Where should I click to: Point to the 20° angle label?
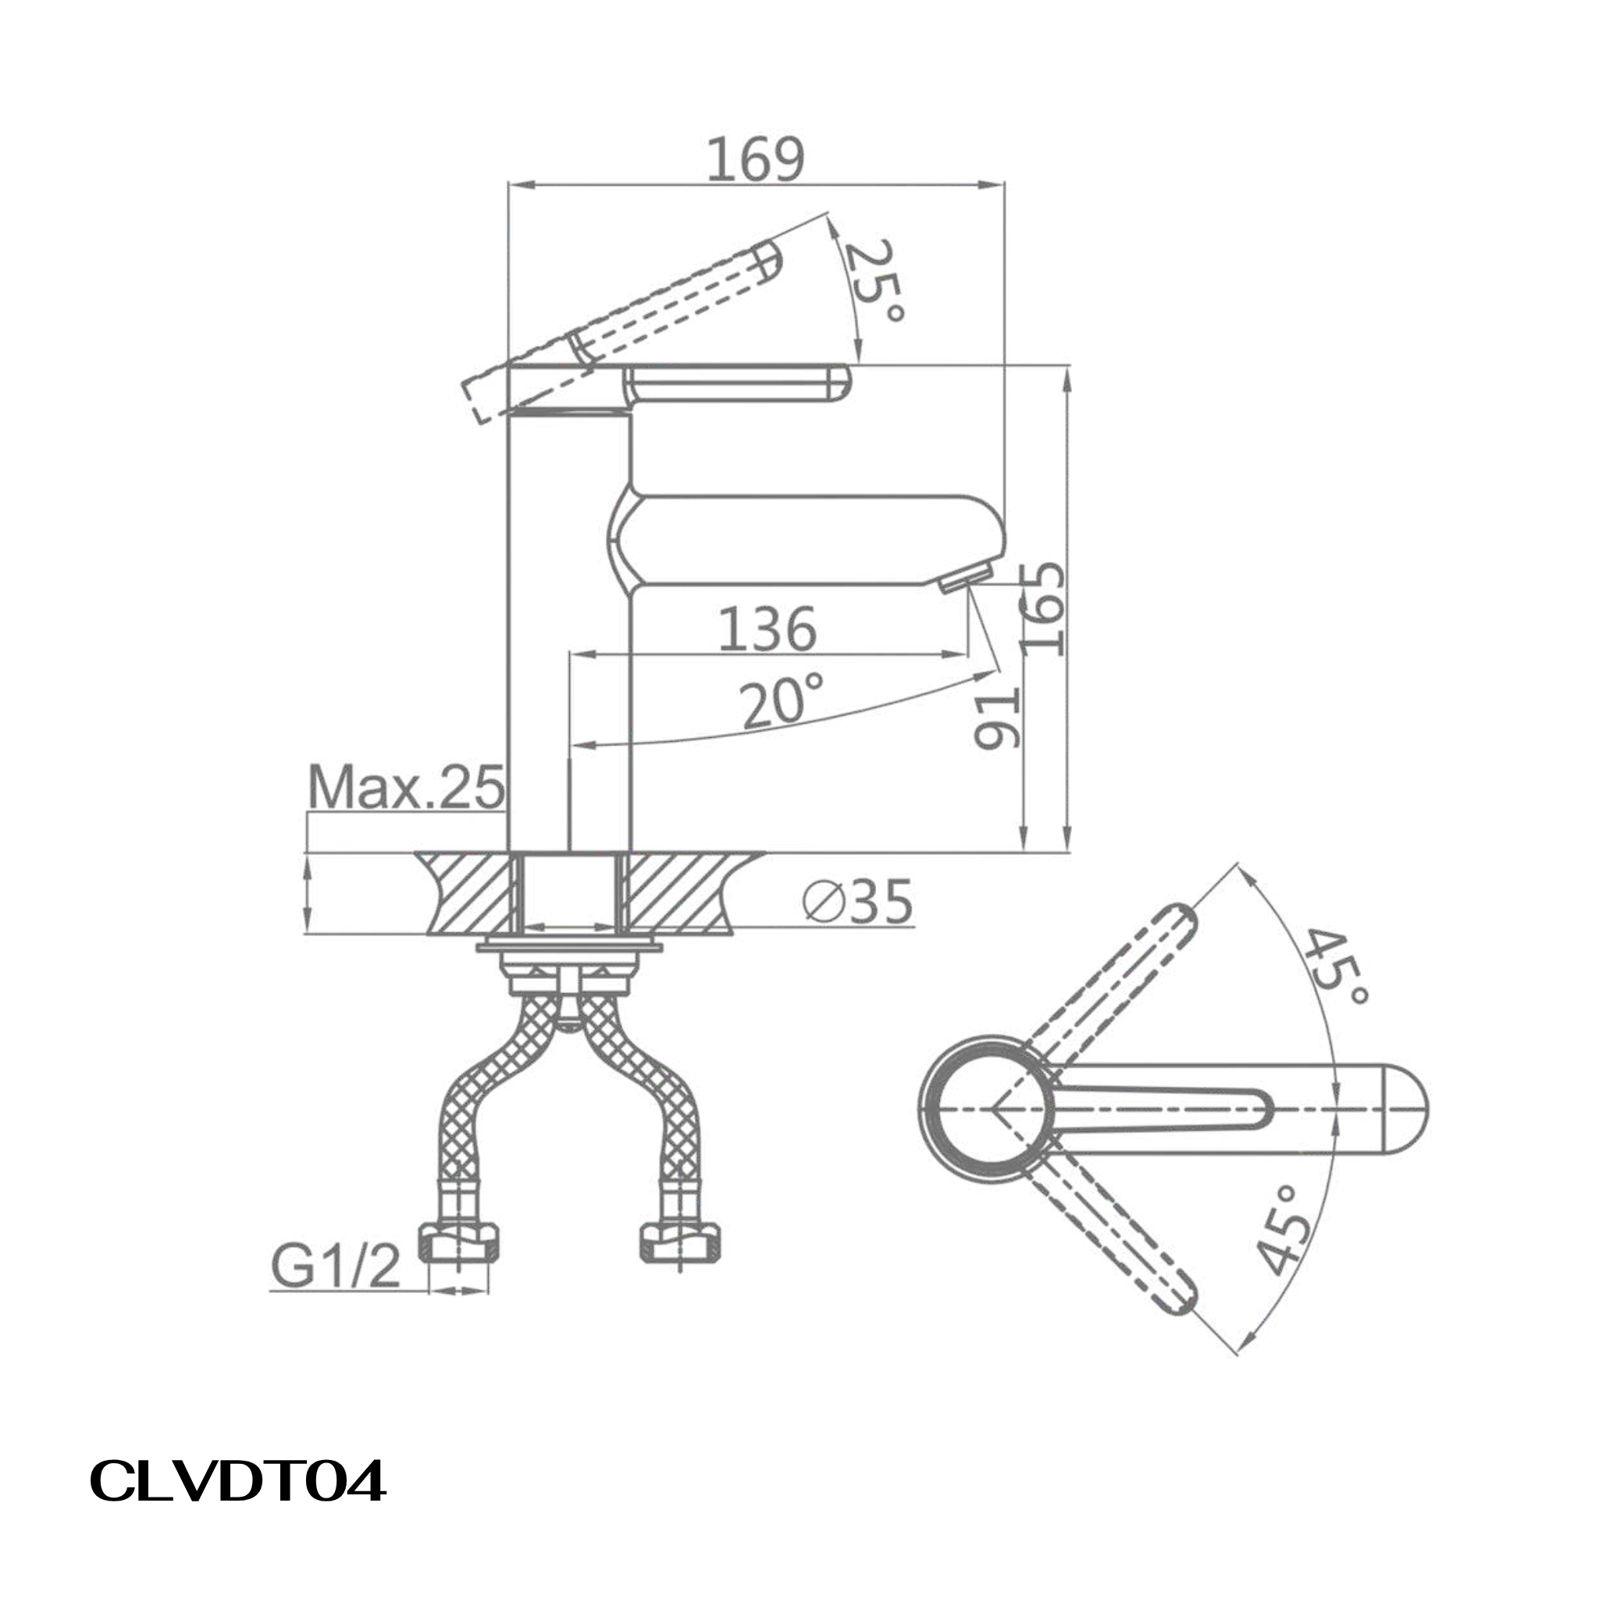coord(782,702)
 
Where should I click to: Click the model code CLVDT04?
coord(237,1481)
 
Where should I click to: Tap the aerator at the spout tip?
coord(966,577)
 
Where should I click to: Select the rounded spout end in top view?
coord(1405,1109)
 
